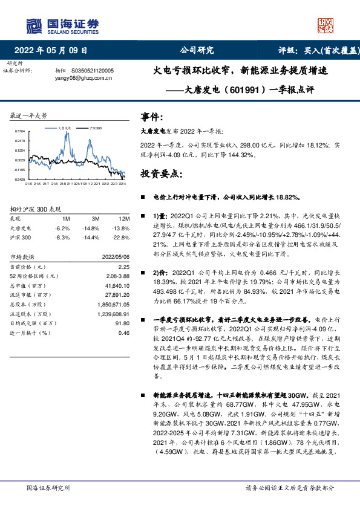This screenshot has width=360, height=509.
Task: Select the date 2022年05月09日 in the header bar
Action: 54,50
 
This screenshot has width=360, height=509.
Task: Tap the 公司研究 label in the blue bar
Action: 197,50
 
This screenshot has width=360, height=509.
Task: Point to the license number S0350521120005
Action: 97,70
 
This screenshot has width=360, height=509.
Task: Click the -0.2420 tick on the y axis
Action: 19,180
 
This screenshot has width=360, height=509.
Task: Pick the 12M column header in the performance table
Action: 124,218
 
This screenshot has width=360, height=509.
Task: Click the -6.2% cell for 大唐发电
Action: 62,229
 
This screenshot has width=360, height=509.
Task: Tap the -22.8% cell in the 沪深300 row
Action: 122,238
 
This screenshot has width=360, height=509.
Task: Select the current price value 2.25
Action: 124,266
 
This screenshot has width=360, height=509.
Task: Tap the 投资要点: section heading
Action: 160,174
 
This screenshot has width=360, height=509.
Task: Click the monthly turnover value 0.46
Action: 124,333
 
